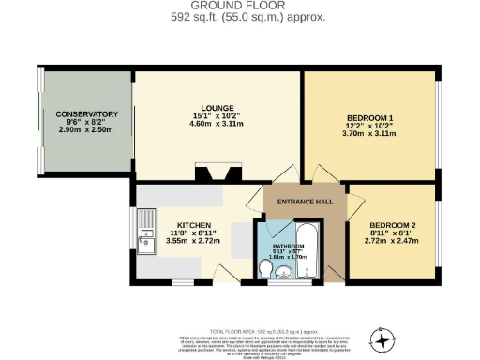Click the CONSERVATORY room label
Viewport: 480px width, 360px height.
click(86, 113)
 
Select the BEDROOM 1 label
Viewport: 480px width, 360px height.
click(371, 117)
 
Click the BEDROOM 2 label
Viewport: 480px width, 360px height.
click(394, 226)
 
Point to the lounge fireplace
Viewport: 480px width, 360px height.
click(214, 172)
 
